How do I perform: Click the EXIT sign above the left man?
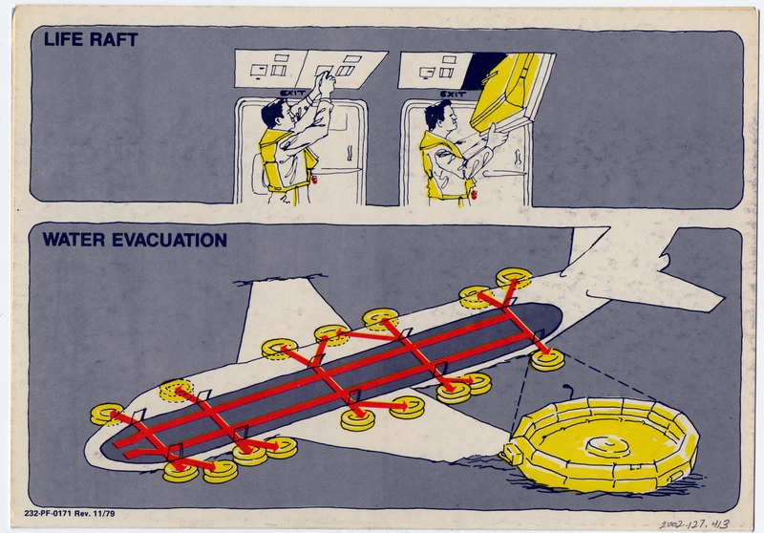tap(289, 93)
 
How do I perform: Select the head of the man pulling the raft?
tap(437, 116)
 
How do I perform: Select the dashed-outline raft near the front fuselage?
tap(175, 391)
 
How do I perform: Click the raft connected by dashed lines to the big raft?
tap(547, 361)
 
